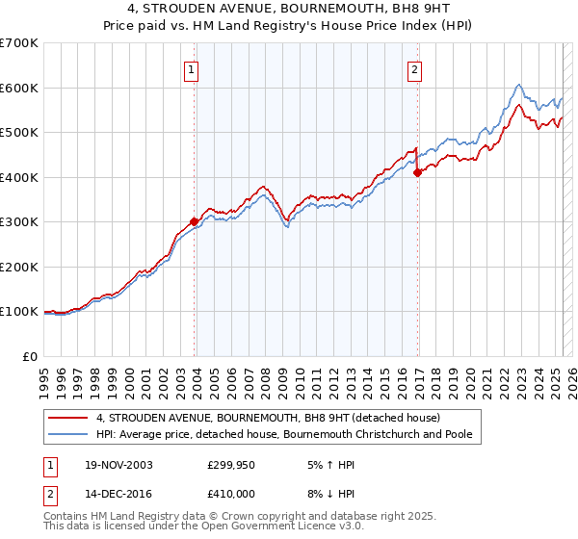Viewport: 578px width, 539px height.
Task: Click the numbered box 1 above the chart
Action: click(192, 69)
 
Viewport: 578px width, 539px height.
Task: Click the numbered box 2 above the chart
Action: click(414, 69)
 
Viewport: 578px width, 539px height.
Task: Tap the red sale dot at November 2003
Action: click(195, 220)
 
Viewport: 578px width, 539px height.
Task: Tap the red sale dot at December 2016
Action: click(418, 173)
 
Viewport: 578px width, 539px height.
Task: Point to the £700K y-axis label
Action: click(19, 43)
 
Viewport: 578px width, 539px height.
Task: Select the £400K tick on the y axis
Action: click(19, 177)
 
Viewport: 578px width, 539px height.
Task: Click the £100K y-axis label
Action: click(19, 312)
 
